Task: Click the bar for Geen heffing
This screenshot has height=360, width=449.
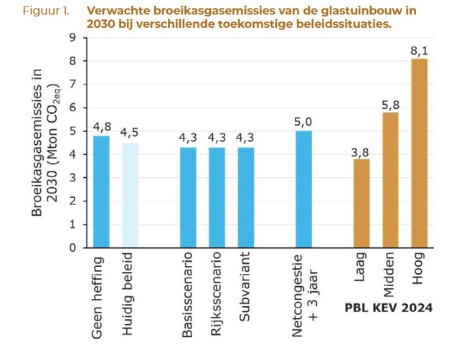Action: tap(100, 191)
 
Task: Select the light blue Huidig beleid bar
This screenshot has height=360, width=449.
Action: tap(131, 195)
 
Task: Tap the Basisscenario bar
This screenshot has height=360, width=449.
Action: tap(188, 197)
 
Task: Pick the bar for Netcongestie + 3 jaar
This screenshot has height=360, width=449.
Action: tap(303, 189)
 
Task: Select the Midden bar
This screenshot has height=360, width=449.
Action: tap(390, 180)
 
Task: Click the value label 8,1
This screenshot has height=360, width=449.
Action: tap(419, 51)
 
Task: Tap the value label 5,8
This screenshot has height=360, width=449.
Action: tap(390, 105)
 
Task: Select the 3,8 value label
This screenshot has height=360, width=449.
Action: tap(361, 151)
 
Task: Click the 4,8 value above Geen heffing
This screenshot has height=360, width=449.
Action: tap(100, 128)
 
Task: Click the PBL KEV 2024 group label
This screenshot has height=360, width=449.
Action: tap(388, 308)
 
